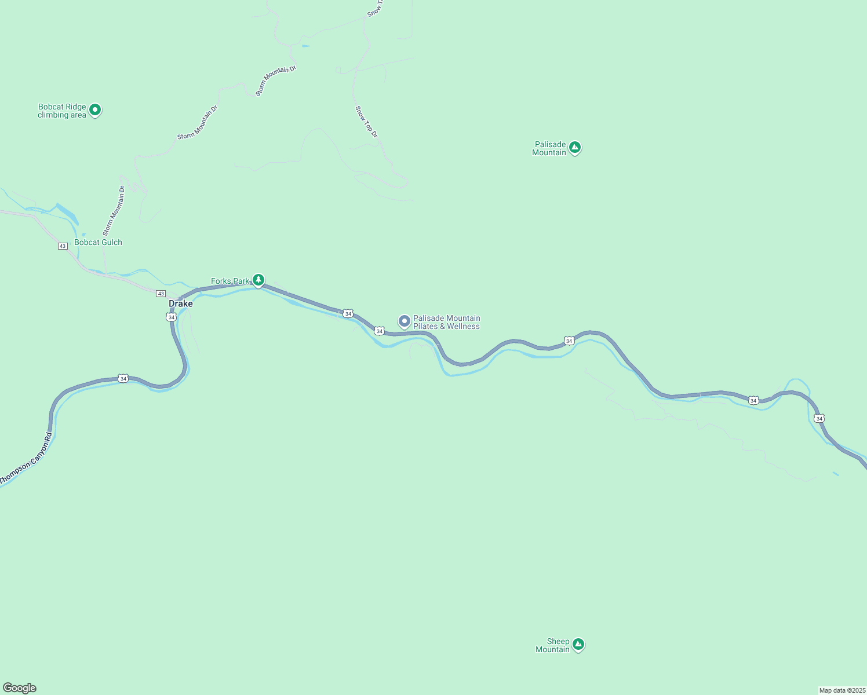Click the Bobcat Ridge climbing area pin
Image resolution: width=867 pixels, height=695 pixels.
(95, 109)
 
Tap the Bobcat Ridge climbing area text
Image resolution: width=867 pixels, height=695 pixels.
(62, 111)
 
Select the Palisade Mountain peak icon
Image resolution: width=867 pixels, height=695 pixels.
(574, 148)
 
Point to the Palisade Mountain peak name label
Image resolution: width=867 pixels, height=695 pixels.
(549, 149)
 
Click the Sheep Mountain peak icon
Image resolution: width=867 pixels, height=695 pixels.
(578, 644)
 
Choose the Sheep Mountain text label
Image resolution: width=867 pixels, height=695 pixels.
(553, 645)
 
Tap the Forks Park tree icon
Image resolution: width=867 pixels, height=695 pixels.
(258, 280)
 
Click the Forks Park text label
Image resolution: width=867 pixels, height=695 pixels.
(230, 281)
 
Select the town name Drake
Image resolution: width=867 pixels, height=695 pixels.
(181, 303)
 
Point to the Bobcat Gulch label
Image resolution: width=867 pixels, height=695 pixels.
(99, 243)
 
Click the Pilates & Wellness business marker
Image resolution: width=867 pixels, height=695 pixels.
(405, 321)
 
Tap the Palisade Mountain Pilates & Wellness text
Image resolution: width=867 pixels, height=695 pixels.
(446, 323)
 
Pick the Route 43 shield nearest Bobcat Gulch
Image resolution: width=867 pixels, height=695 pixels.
(63, 246)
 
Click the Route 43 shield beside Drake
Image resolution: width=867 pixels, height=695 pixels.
(161, 294)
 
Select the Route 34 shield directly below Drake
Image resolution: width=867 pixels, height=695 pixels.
(171, 317)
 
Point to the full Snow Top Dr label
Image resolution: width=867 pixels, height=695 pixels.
(366, 122)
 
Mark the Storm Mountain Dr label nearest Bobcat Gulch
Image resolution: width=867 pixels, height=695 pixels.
(114, 210)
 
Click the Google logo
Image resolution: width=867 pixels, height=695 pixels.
(20, 688)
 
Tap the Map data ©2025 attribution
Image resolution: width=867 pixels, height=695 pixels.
(842, 690)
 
